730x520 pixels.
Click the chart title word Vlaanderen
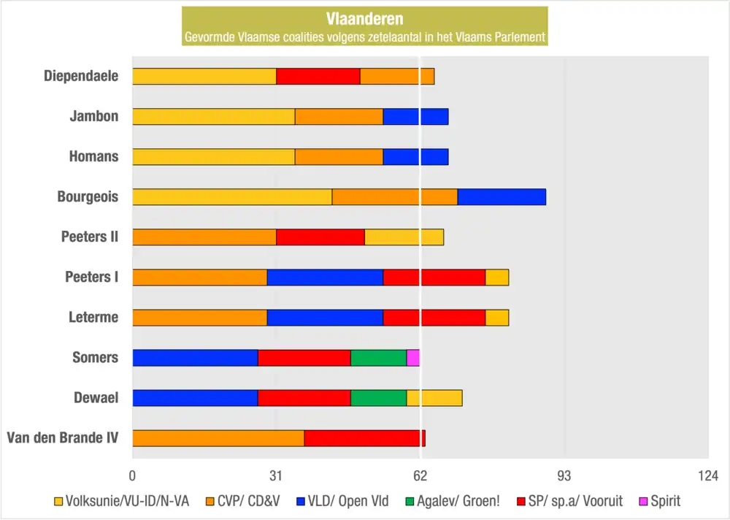coord(364,19)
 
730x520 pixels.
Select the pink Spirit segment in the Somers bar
coord(413,358)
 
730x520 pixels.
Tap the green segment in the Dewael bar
coord(378,398)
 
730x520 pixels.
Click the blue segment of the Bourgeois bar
coord(502,197)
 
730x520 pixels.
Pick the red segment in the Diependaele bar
coord(318,76)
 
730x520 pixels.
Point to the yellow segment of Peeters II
coord(404,237)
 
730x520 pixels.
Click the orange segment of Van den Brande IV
coord(218,438)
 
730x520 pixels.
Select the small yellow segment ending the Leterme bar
coord(497,318)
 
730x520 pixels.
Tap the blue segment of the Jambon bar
coord(415,116)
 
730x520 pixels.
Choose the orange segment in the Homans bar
coord(339,156)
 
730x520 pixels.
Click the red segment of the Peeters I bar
coord(434,278)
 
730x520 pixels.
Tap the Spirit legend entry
coord(659,501)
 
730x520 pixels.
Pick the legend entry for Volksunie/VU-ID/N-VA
coord(122,501)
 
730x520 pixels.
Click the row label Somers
coord(95,357)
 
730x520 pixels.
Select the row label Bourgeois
coord(88,196)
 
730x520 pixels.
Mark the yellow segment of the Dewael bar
coord(434,398)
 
